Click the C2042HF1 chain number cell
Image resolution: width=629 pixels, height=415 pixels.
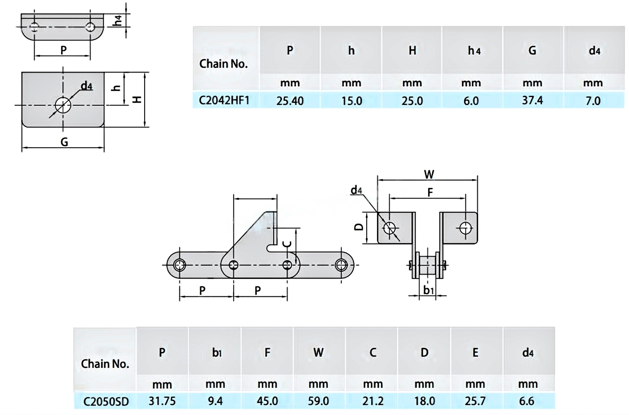[224, 101]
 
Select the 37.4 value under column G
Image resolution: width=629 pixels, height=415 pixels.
[532, 100]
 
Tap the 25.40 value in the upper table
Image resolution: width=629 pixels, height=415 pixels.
[290, 101]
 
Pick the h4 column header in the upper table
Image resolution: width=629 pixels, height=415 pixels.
[474, 51]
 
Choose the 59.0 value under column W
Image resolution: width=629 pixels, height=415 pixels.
[318, 401]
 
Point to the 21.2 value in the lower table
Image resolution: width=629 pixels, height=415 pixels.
[373, 401]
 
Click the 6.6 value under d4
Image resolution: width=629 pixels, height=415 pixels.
[526, 401]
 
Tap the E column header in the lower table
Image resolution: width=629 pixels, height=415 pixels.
[475, 352]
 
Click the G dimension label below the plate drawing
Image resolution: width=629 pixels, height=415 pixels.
[64, 142]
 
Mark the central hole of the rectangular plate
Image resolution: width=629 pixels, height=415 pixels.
[63, 105]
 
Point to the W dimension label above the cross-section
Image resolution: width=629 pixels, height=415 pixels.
[429, 174]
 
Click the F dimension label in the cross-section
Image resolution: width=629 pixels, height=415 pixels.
[430, 192]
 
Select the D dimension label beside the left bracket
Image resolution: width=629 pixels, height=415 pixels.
[359, 227]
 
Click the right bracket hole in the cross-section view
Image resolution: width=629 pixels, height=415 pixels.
[465, 228]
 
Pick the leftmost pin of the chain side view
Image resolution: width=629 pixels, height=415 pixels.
[180, 265]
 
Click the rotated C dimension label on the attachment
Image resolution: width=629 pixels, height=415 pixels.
[287, 244]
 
